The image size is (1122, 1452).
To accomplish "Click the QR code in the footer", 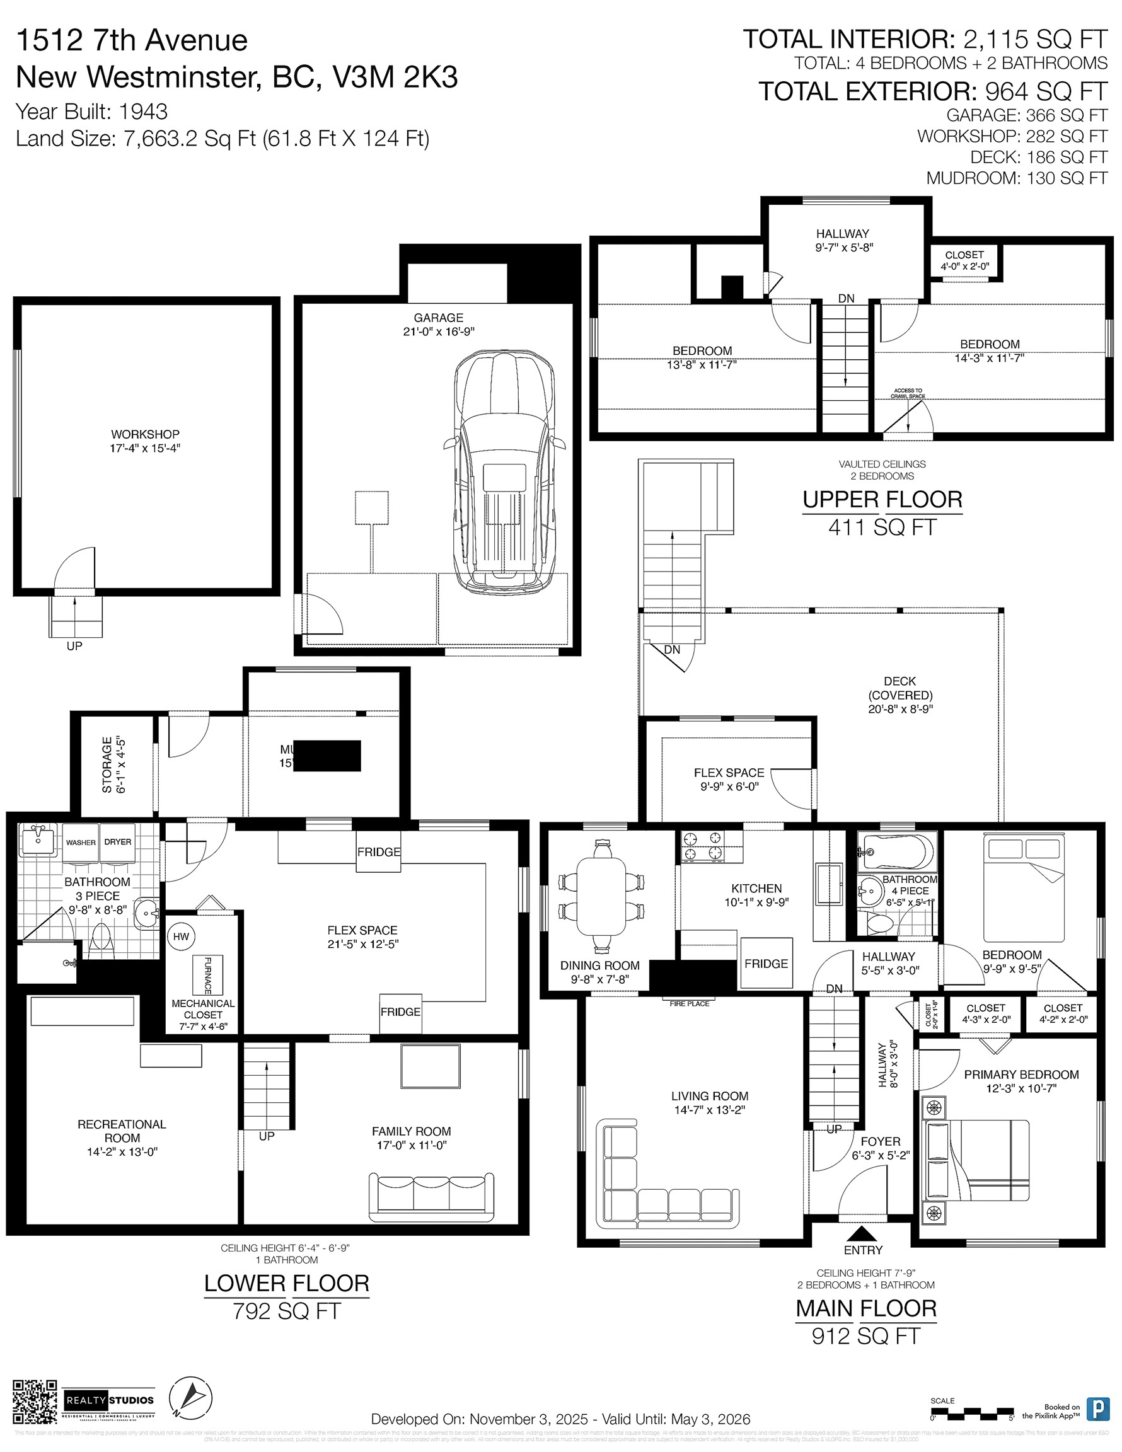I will pyautogui.click(x=35, y=1402).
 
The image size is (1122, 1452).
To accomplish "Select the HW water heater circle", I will pyautogui.click(x=181, y=936).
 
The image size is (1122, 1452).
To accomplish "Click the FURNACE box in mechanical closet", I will pyautogui.click(x=207, y=975).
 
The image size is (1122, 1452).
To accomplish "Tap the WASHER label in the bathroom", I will pyautogui.click(x=81, y=843).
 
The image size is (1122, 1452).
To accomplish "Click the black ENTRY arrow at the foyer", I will pyautogui.click(x=863, y=1233).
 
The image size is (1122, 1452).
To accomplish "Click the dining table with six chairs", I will pyautogui.click(x=601, y=896).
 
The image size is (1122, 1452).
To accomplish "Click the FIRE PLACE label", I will pyautogui.click(x=689, y=1004).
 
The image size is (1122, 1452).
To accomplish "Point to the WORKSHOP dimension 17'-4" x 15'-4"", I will pyautogui.click(x=145, y=449).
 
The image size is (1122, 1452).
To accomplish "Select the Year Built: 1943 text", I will pyautogui.click(x=91, y=112).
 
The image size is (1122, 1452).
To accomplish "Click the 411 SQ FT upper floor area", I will pyautogui.click(x=882, y=528).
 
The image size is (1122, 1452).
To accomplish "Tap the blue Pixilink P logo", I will pyautogui.click(x=1097, y=1409).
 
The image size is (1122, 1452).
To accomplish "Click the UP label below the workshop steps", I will pyautogui.click(x=74, y=646).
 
